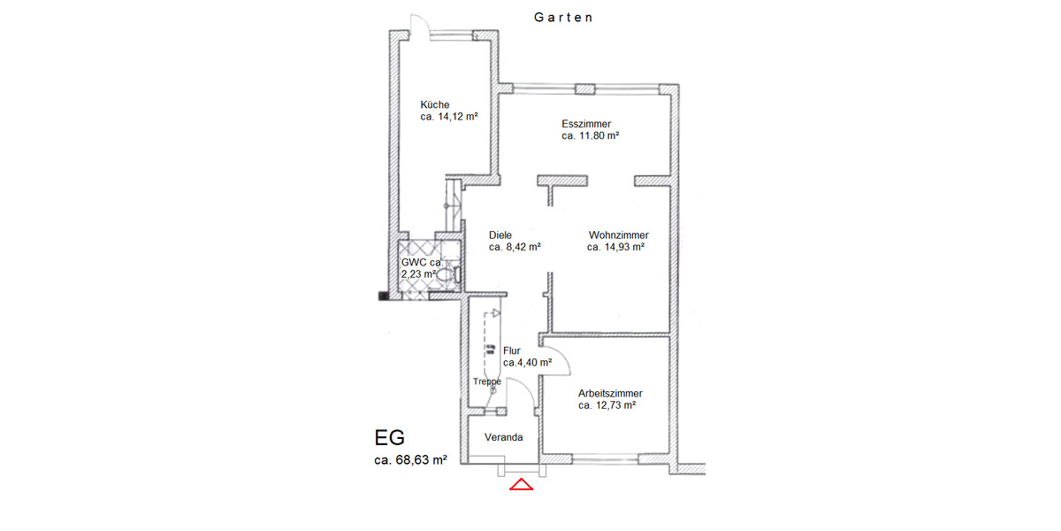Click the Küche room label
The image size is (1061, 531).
(x=434, y=104)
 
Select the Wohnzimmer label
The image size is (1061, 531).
(x=619, y=235)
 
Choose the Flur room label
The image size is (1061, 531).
(x=511, y=350)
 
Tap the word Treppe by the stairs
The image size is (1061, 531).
(x=487, y=381)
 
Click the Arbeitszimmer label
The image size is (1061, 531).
(x=610, y=393)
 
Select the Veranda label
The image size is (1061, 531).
(x=504, y=437)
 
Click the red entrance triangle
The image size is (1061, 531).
(x=522, y=484)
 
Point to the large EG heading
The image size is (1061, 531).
(x=391, y=437)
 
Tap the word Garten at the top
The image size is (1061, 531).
(x=563, y=17)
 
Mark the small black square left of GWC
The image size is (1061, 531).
(x=384, y=296)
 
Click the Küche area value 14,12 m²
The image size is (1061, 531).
(x=449, y=117)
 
